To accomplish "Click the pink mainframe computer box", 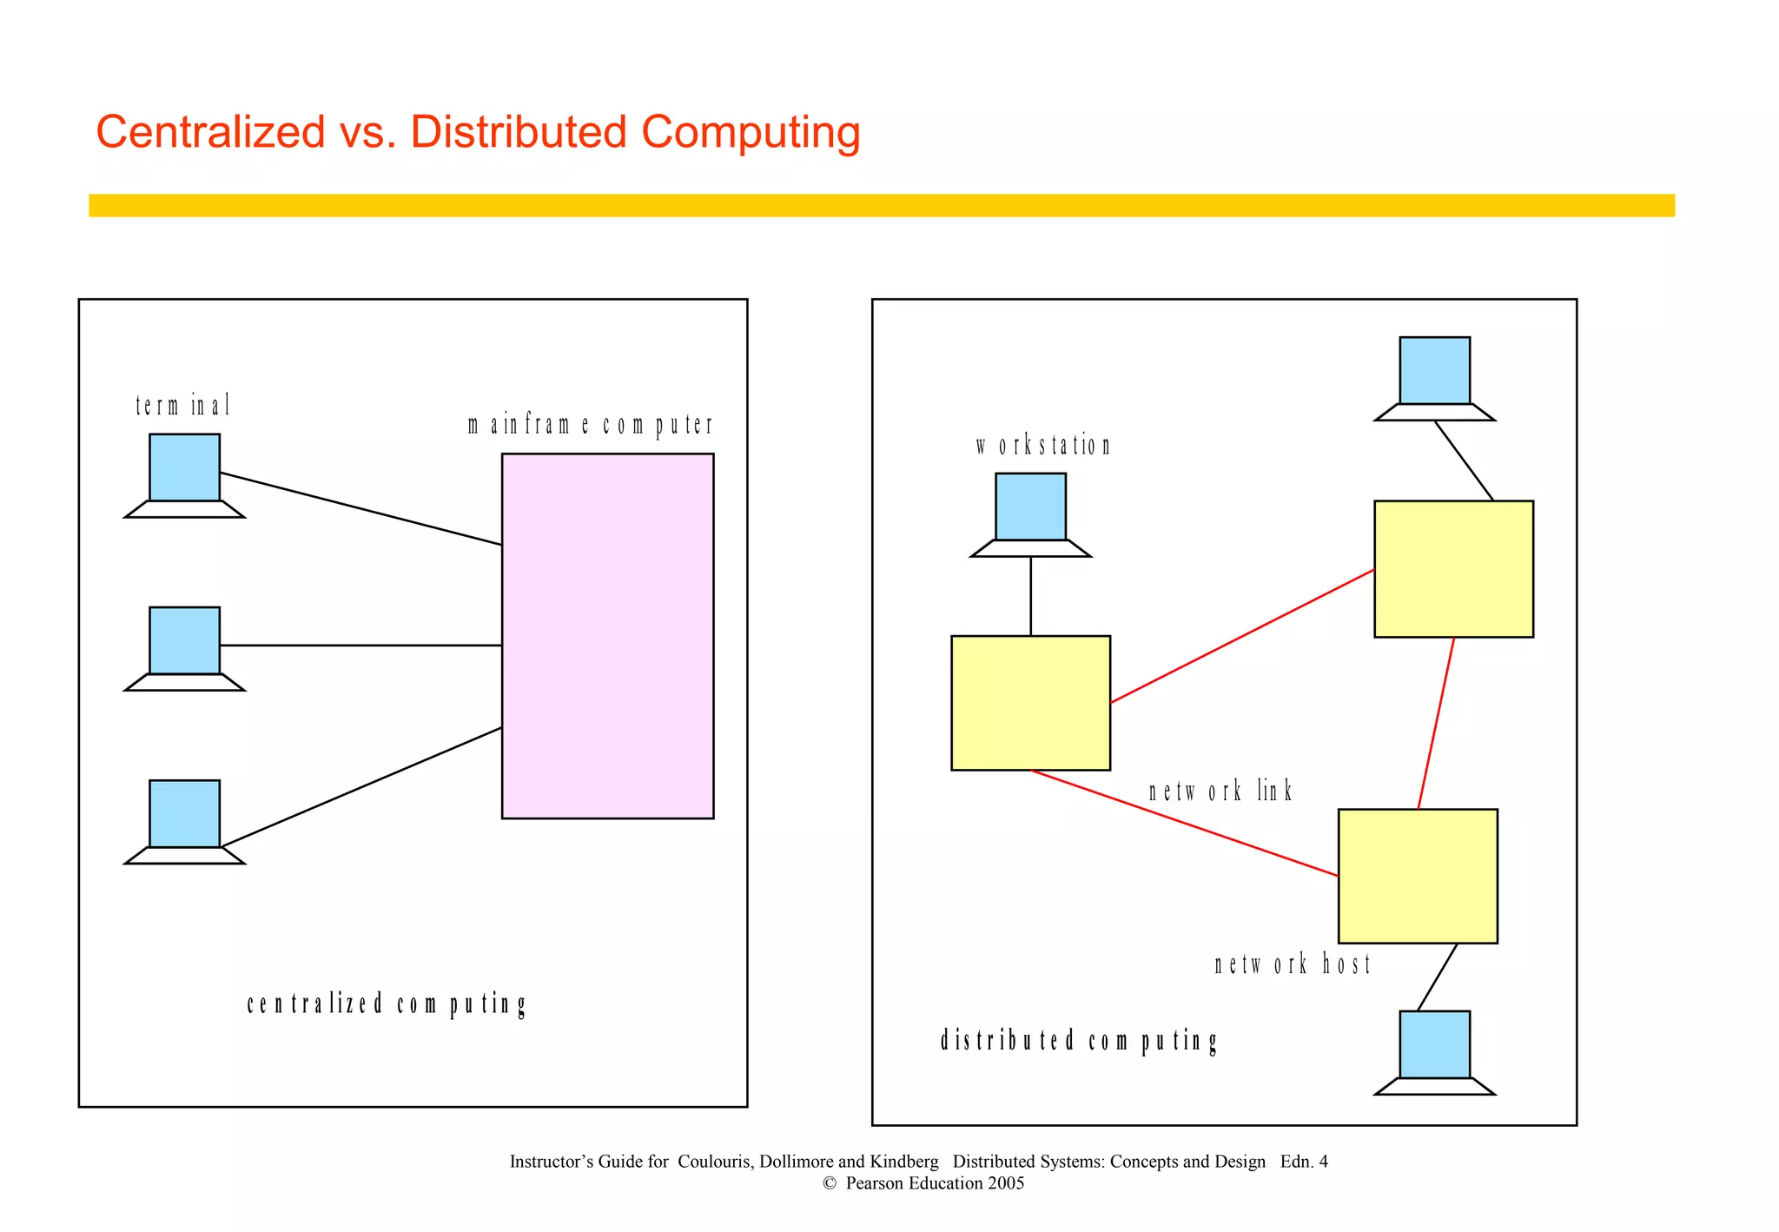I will tap(607, 635).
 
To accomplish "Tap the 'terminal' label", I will tap(183, 406).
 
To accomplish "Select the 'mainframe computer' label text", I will tap(590, 425).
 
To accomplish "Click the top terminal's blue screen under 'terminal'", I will tap(184, 467).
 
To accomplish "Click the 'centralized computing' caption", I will tap(387, 1004).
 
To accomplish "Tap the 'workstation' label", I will tap(1042, 446).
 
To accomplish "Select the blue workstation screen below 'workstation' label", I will tap(1030, 507).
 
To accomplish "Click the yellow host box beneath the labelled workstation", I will tap(1030, 703).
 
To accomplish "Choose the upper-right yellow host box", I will tap(1453, 569).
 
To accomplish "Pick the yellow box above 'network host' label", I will tap(1418, 876).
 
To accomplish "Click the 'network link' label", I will tap(1220, 792).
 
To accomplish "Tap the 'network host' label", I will tap(1292, 964).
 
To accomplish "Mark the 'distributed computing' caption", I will tap(1079, 1041).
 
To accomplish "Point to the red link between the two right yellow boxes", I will tap(1436, 723).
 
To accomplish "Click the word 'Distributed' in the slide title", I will tap(518, 132).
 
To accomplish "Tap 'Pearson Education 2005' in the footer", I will tap(935, 1183).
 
